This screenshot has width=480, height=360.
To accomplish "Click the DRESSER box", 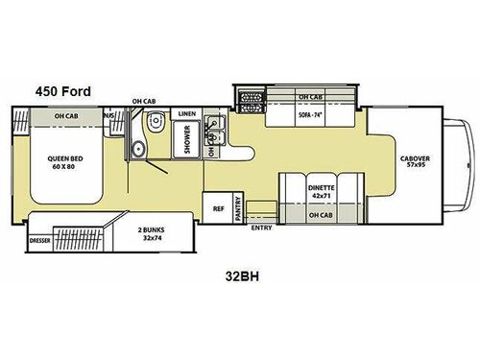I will click(40, 241).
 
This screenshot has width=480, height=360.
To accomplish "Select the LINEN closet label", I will click(188, 114).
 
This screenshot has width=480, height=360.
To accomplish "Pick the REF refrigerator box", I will click(218, 206).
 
